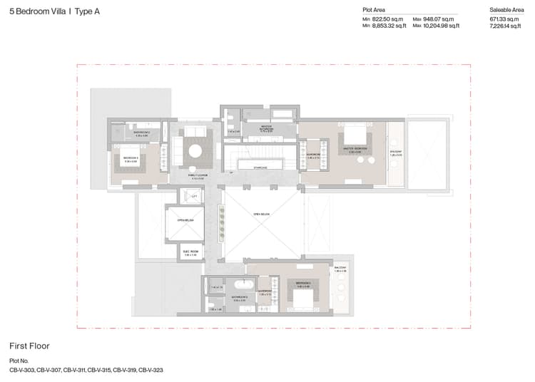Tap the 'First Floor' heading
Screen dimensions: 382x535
29,346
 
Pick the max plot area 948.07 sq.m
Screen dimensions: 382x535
442,19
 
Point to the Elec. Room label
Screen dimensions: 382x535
190,252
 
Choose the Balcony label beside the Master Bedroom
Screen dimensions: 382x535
397,153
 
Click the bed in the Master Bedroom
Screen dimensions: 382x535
353,135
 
